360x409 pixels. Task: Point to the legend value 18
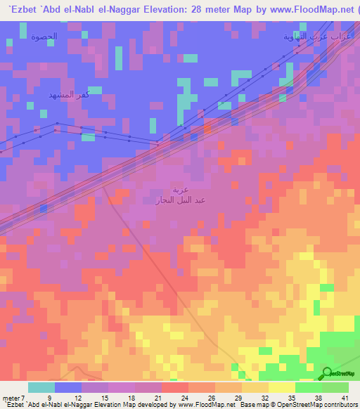tap(131, 396)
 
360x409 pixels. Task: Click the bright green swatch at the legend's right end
tap(335, 387)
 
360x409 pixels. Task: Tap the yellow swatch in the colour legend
tap(281, 387)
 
